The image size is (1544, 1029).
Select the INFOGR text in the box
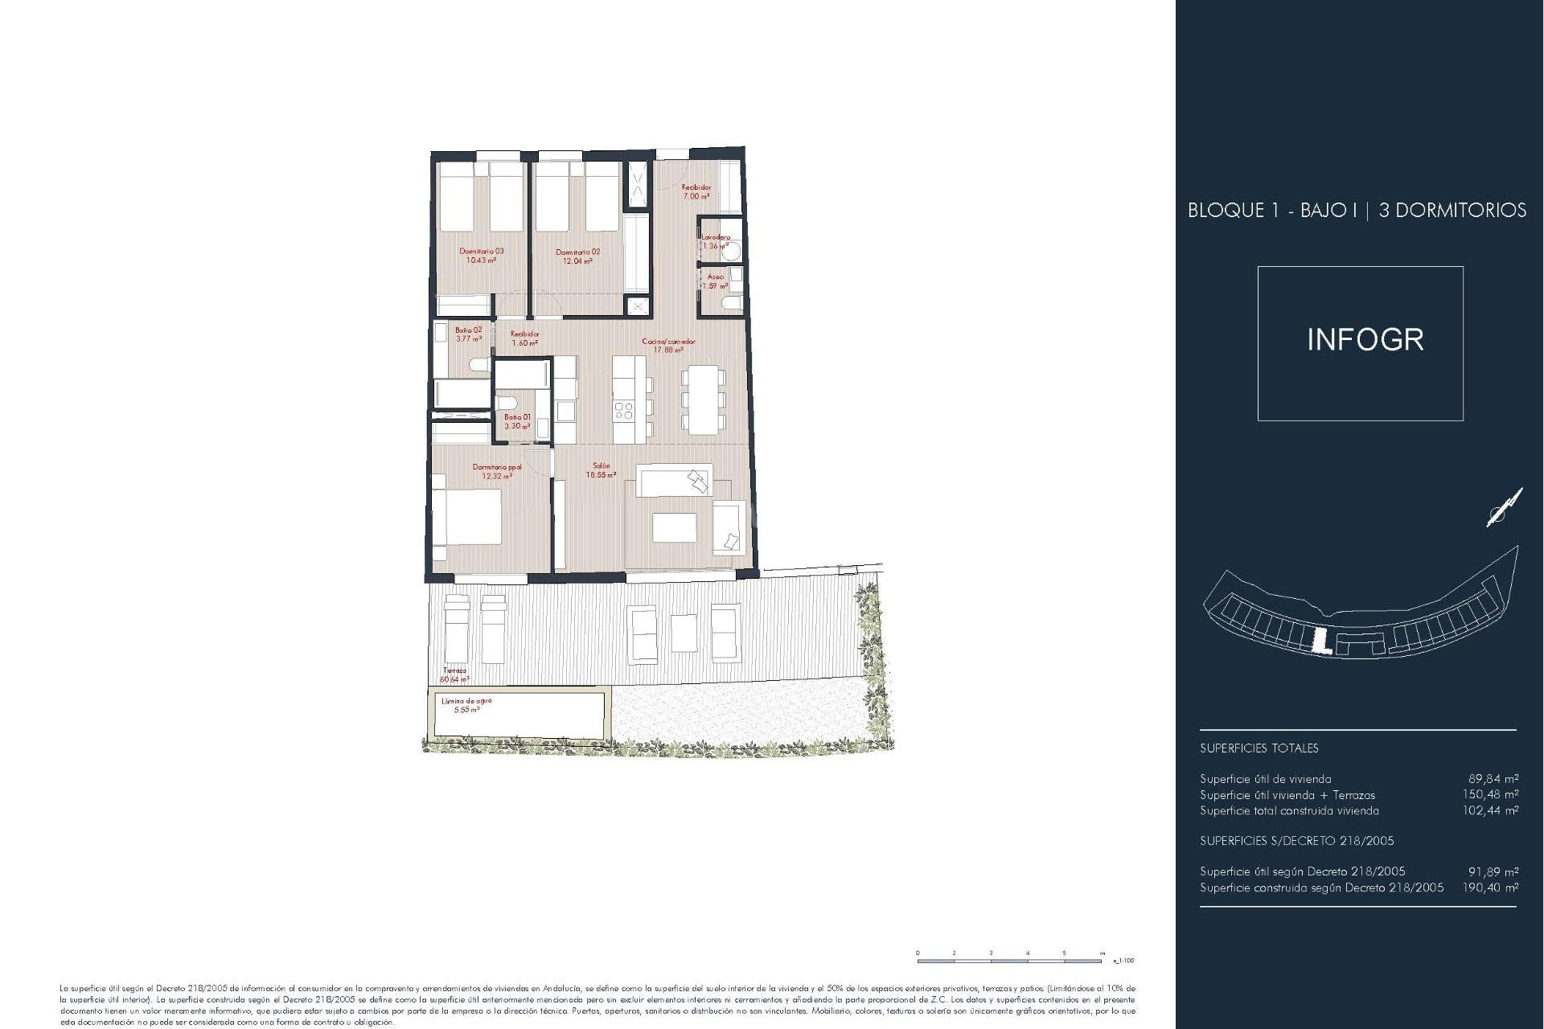coord(1365,340)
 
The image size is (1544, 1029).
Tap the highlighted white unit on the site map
coord(1319,642)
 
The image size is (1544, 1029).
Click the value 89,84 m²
coord(1493,778)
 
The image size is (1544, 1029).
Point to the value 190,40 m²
coord(1493,888)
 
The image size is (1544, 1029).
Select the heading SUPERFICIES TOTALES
coord(1259,748)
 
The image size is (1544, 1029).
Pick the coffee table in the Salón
coord(674,527)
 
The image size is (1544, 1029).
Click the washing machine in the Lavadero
coord(732,251)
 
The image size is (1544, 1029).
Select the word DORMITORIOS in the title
coord(1452,211)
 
